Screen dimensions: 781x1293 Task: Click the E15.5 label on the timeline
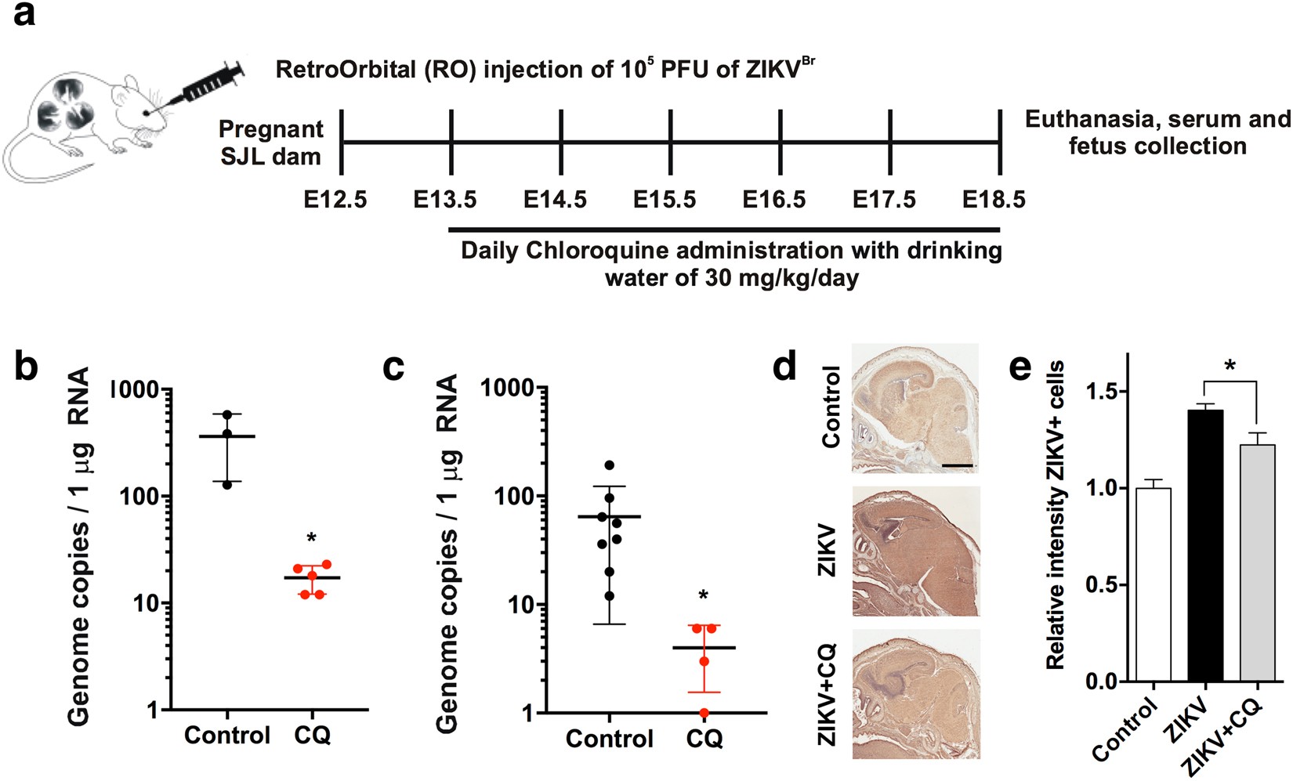pyautogui.click(x=664, y=200)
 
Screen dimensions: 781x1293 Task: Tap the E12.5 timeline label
pyautogui.click(x=335, y=200)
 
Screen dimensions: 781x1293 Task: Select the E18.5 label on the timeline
pyautogui.click(x=994, y=200)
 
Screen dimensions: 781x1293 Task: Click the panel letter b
pyautogui.click(x=27, y=365)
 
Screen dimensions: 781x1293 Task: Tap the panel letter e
pyautogui.click(x=1020, y=366)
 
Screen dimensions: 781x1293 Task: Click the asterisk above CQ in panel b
pyautogui.click(x=311, y=539)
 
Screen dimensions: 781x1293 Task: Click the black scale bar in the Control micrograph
pyautogui.click(x=957, y=465)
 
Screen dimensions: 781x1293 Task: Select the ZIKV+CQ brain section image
pyautogui.click(x=915, y=693)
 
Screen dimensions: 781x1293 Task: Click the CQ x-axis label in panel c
pyautogui.click(x=704, y=739)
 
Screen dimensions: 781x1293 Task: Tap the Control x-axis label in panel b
pyautogui.click(x=227, y=736)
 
